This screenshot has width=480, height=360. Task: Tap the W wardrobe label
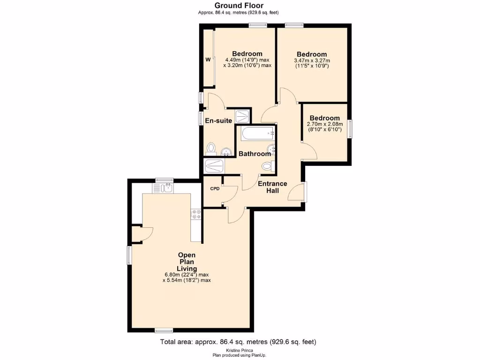tap(207, 60)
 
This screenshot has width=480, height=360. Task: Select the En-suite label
tap(218, 121)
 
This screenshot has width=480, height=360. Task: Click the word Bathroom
tap(255, 154)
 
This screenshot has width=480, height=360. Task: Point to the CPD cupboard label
tap(215, 189)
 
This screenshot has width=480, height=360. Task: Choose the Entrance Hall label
tap(272, 187)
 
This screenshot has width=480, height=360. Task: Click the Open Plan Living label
tap(187, 262)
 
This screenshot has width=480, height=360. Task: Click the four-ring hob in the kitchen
tap(196, 214)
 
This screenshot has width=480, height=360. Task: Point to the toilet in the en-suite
tap(211, 149)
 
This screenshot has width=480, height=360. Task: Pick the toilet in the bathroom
tap(268, 165)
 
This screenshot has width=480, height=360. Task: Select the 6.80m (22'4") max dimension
tap(187, 275)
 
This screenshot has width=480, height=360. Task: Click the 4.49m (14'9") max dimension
tap(247, 60)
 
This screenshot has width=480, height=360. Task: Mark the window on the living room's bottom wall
tap(164, 330)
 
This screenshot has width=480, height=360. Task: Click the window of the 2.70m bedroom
tap(350, 129)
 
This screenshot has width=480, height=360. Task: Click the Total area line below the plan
tap(241, 342)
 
